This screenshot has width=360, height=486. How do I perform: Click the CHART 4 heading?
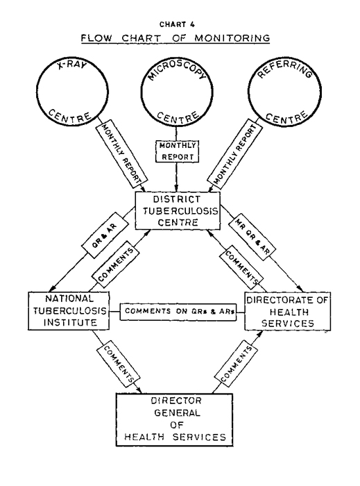[x=177, y=24]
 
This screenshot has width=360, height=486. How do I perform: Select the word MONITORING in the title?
[x=232, y=38]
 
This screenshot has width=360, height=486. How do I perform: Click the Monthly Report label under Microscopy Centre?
[x=177, y=151]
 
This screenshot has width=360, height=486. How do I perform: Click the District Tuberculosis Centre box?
[x=178, y=210]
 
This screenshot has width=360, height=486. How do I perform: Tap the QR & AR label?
[x=105, y=235]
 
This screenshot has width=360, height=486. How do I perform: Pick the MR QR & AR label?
[x=252, y=237]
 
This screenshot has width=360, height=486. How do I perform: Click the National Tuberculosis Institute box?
[x=69, y=310]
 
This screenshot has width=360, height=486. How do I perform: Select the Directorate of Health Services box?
[x=288, y=311]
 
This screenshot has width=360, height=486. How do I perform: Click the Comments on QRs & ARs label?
[x=178, y=311]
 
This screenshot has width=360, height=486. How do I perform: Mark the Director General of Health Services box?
[x=175, y=419]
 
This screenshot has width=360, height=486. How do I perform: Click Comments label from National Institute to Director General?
[x=119, y=364]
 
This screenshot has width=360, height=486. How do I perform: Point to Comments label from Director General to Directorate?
[x=236, y=364]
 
